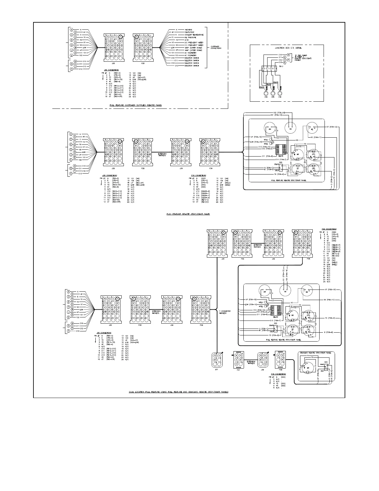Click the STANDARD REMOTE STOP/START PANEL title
coord(317,353)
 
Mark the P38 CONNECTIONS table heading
coord(278,374)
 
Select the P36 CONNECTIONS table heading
coord(329,229)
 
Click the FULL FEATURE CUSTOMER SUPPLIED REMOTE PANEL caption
coord(137,105)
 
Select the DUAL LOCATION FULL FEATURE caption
coord(179,392)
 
